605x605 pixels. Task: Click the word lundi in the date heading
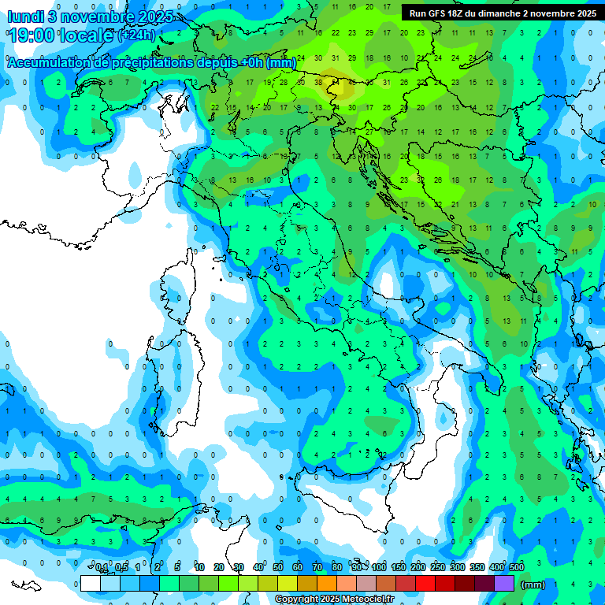click(25, 17)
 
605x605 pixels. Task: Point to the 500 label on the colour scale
click(516, 567)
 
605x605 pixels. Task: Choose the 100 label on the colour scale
click(379, 567)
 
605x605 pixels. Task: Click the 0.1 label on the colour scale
click(102, 567)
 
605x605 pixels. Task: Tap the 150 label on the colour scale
click(399, 567)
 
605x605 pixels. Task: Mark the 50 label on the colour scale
click(278, 567)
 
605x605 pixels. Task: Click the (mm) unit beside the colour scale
click(533, 585)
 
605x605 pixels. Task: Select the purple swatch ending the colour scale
click(504, 583)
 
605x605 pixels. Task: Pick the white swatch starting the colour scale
click(91, 583)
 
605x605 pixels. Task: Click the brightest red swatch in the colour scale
click(425, 583)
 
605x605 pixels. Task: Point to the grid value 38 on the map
click(318, 82)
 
